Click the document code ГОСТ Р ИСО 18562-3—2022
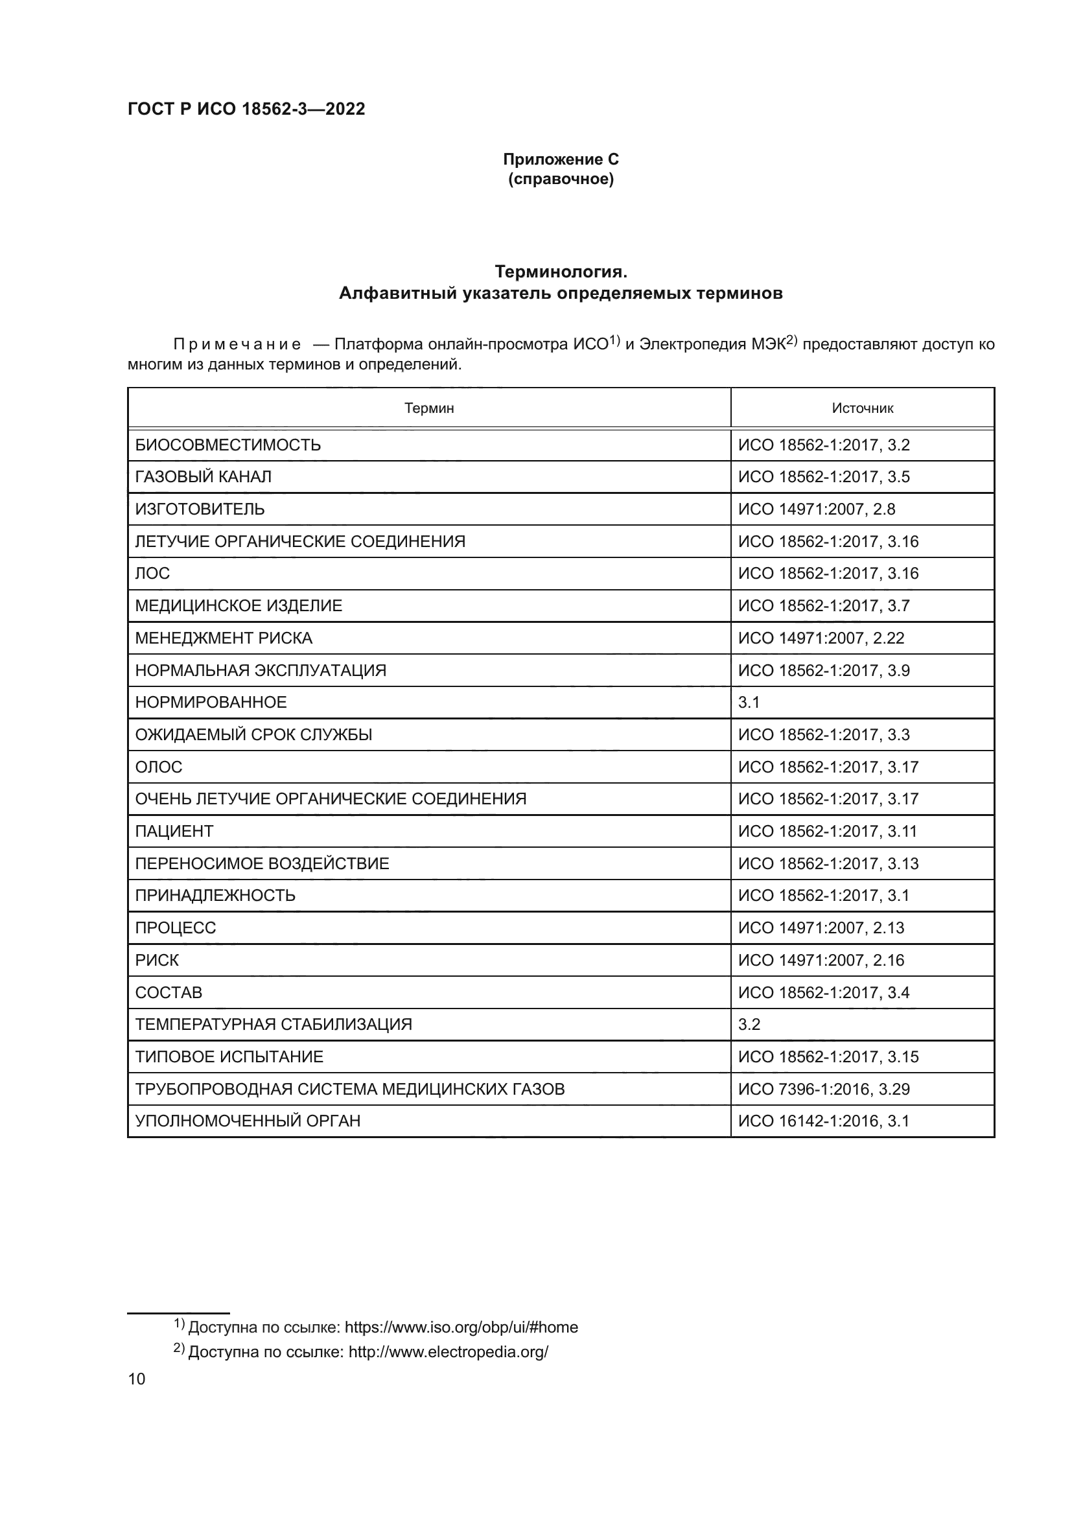(246, 109)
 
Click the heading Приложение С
(561, 159)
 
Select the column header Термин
(429, 408)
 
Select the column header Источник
(862, 408)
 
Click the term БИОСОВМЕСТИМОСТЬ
(227, 445)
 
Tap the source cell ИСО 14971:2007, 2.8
(817, 509)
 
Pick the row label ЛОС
(152, 573)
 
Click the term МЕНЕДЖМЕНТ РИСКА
(224, 638)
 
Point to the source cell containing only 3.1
(749, 703)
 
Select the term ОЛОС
(158, 767)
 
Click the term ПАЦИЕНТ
(174, 832)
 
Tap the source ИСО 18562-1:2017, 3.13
(828, 863)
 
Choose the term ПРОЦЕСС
(176, 928)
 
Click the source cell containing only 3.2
(749, 1025)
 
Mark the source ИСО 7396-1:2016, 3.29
(824, 1090)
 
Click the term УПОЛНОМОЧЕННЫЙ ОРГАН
(248, 1121)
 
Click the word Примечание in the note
(237, 345)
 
